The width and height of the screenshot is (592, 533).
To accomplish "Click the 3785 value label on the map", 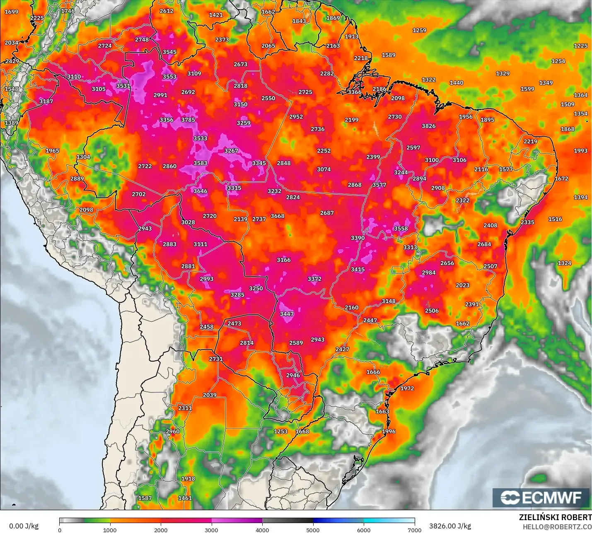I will click(188, 120).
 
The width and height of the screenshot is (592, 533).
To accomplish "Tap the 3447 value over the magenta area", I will click(287, 314).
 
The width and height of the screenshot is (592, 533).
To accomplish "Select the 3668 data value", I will click(278, 216).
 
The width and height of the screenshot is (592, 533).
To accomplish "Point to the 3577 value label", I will click(379, 185).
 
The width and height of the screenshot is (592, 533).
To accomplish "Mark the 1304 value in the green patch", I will click(83, 157).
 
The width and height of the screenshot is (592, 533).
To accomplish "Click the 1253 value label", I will click(280, 432).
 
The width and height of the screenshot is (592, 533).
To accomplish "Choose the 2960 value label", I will click(173, 432).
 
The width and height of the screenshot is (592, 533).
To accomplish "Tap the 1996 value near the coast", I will click(389, 432).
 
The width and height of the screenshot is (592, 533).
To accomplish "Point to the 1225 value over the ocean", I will click(580, 46).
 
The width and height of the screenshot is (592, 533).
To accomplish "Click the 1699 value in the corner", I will click(12, 12).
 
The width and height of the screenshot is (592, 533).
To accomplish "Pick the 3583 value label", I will click(200, 163).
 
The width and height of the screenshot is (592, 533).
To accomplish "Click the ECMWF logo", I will click(541, 498).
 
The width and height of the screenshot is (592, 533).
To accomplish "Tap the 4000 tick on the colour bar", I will click(262, 530).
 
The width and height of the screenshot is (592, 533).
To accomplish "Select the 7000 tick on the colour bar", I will click(415, 530).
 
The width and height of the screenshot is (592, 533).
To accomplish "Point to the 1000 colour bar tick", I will click(110, 530).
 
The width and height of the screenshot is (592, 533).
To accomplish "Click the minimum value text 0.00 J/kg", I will click(24, 526).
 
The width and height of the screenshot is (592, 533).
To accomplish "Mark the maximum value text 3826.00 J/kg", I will click(450, 526).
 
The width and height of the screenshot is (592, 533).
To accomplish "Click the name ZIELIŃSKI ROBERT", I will click(555, 517).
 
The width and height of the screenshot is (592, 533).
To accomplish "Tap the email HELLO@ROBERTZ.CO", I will click(557, 527).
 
